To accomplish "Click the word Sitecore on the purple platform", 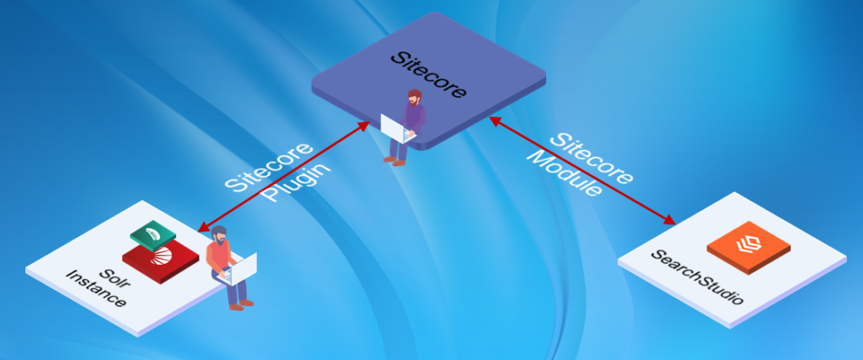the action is (428, 75).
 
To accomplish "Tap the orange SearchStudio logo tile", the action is (748, 247).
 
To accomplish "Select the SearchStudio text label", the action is (697, 277).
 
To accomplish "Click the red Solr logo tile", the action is (160, 261).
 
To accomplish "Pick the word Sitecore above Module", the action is (592, 159).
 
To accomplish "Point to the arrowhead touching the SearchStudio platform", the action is (668, 219).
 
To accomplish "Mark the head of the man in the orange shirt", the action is (219, 235).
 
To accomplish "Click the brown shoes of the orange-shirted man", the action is (242, 304).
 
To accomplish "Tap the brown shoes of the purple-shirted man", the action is (394, 160).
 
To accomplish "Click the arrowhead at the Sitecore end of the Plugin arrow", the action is (363, 126).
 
